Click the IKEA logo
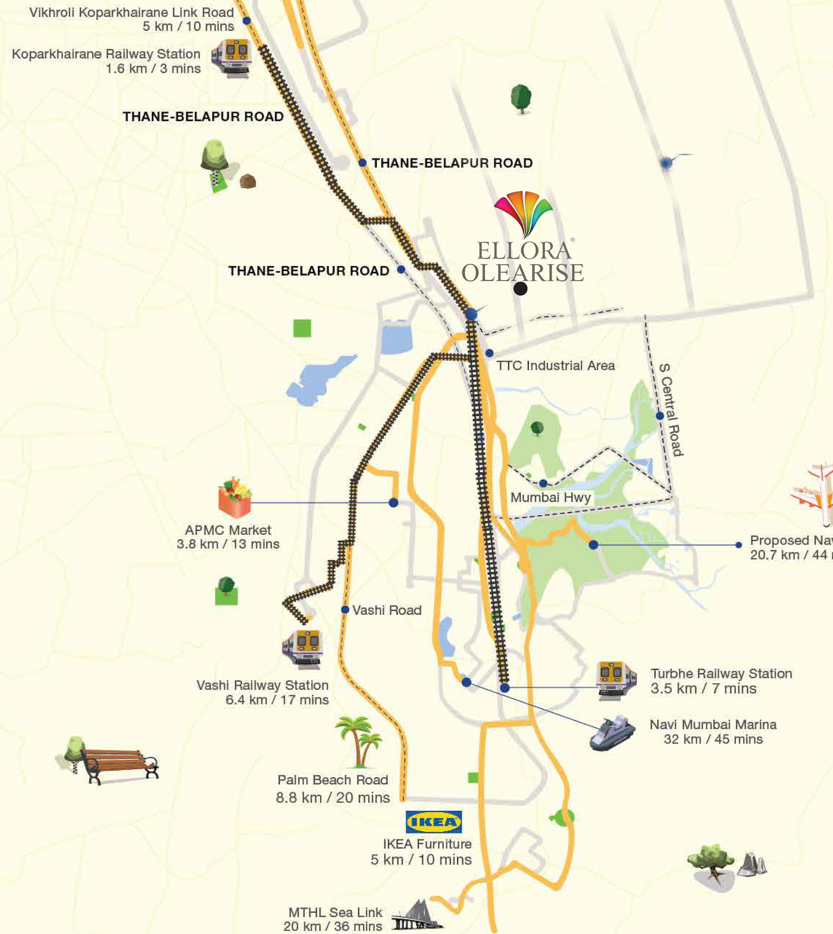point(433,822)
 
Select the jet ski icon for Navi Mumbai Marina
point(612,733)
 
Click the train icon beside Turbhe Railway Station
point(616,680)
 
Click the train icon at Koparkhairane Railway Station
point(232,58)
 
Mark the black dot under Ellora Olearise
point(520,289)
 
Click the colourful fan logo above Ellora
point(523,213)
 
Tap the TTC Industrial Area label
point(555,366)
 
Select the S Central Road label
point(671,410)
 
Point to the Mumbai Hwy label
point(551,498)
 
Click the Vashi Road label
point(387,611)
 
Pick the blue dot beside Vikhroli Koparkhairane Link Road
point(247,20)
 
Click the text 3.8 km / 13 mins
point(228,544)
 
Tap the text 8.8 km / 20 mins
point(333,798)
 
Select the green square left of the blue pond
point(302,328)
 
